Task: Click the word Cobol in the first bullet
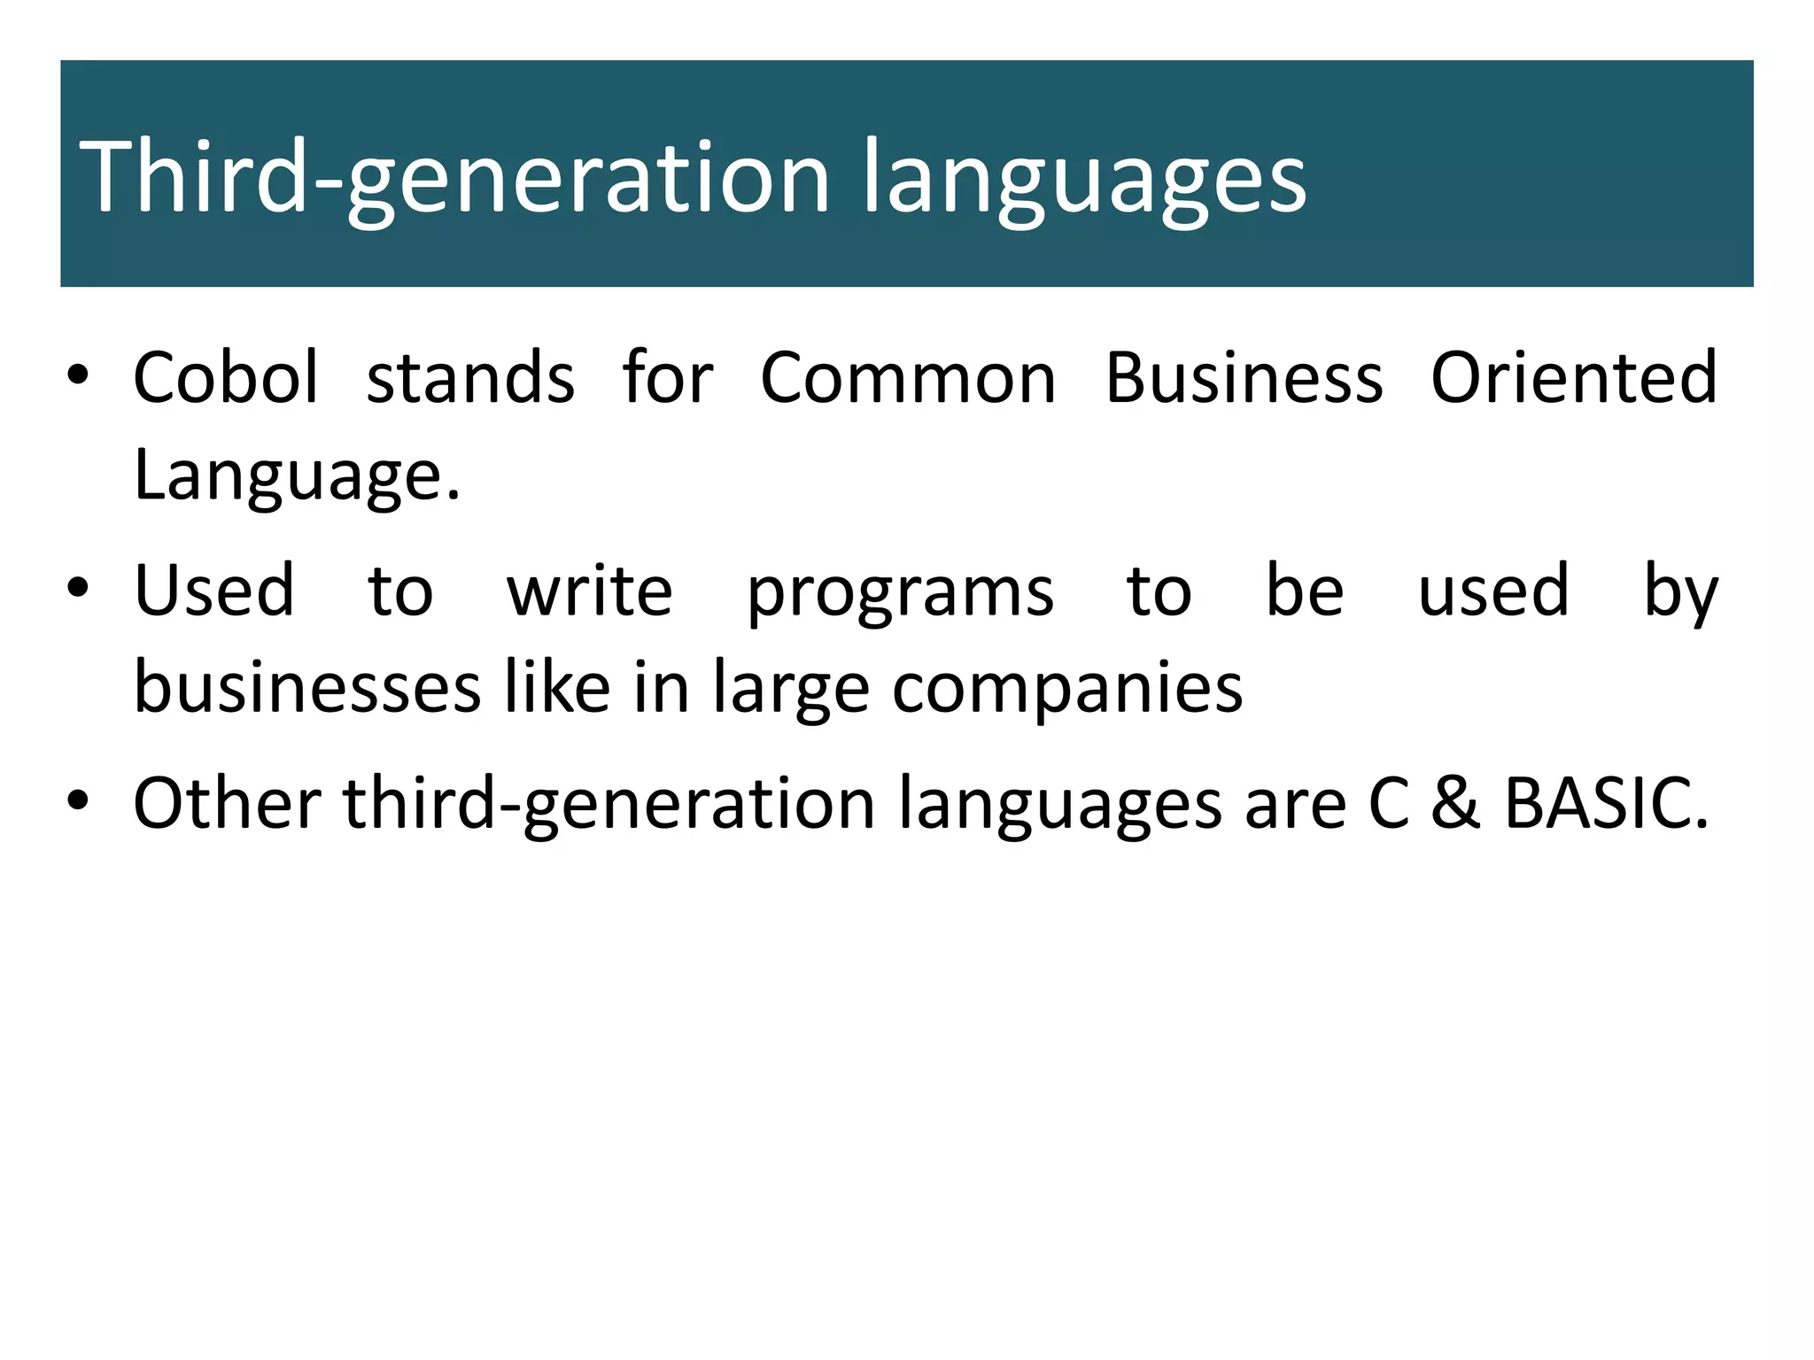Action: point(225,378)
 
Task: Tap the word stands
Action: point(470,378)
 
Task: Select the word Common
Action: point(908,378)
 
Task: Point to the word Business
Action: point(1244,378)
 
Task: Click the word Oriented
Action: point(1574,378)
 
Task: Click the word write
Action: point(590,591)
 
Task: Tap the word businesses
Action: point(307,688)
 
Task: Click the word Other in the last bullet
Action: point(227,803)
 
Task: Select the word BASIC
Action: point(1606,803)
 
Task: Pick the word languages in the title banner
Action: point(1084,180)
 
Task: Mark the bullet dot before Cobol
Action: point(78,375)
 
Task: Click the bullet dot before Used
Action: point(78,588)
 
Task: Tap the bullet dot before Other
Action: point(78,801)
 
